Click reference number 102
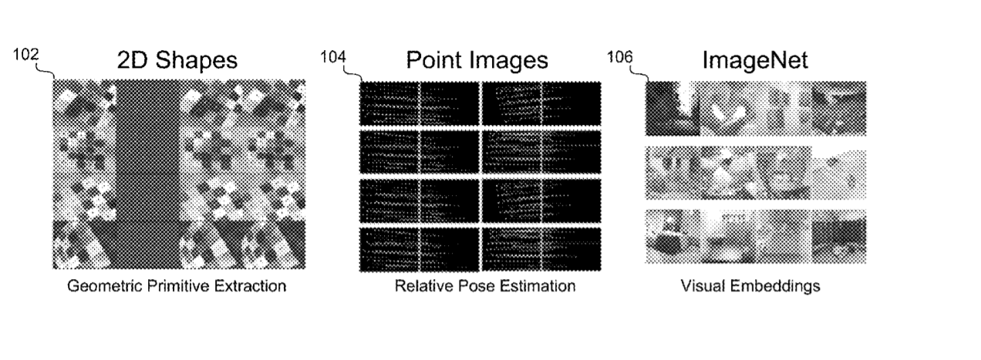pyautogui.click(x=26, y=55)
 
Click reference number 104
pyautogui.click(x=333, y=57)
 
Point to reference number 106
pyautogui.click(x=620, y=57)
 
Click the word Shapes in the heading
pyautogui.click(x=196, y=60)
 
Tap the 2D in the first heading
pyautogui.click(x=133, y=60)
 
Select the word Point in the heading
pyautogui.click(x=433, y=59)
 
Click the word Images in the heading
pyautogui.click(x=507, y=60)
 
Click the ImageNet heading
pyautogui.click(x=755, y=60)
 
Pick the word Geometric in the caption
pyautogui.click(x=105, y=286)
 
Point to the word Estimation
pyautogui.click(x=538, y=286)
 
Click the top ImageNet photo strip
pyautogui.click(x=756, y=108)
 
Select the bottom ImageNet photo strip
pyautogui.click(x=756, y=237)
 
